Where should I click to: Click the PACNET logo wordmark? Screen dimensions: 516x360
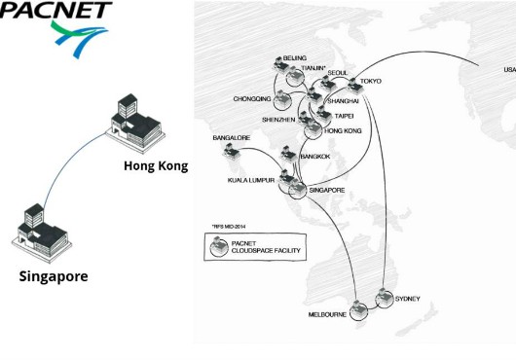(x=55, y=10)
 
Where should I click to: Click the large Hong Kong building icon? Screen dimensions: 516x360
(x=135, y=124)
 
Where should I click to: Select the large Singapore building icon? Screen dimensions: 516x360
(x=42, y=234)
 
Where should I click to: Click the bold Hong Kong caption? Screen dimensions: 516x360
(x=156, y=166)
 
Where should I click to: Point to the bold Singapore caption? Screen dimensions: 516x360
(x=54, y=276)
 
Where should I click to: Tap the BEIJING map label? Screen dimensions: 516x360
(x=295, y=58)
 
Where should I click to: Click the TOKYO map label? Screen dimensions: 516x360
(x=371, y=81)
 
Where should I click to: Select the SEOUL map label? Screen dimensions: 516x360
(x=338, y=73)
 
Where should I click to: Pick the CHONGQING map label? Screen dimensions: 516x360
(x=252, y=99)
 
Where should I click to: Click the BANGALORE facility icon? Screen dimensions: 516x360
(x=231, y=151)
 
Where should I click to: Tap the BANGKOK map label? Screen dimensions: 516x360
(x=314, y=157)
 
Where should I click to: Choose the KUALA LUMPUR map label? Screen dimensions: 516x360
(x=251, y=180)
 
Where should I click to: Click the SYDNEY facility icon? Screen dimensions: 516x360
(x=385, y=298)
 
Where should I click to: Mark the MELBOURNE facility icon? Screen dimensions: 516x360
(x=358, y=310)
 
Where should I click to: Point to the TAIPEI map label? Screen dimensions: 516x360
(x=344, y=116)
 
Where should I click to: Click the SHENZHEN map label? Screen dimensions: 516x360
(x=278, y=120)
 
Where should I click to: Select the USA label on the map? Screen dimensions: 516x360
(x=510, y=70)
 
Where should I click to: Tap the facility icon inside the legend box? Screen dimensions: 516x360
(x=219, y=246)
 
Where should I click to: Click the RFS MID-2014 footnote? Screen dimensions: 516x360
(x=229, y=227)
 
